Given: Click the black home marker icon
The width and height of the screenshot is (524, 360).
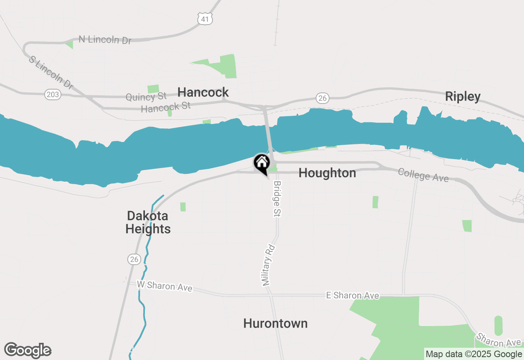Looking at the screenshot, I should (x=262, y=164).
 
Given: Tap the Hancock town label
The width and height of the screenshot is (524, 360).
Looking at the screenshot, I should (x=203, y=92).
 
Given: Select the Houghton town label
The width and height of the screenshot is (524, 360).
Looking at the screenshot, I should (x=327, y=173).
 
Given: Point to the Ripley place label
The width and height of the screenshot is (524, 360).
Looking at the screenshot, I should (x=463, y=97).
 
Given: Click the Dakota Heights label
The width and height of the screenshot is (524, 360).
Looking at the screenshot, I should (x=148, y=222).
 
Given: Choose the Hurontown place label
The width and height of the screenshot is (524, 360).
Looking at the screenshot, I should (x=275, y=324).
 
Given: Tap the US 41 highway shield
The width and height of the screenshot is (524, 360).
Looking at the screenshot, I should (x=205, y=18).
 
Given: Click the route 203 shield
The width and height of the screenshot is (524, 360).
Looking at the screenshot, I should (x=53, y=95).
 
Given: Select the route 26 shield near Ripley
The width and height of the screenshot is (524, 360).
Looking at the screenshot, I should (x=323, y=98).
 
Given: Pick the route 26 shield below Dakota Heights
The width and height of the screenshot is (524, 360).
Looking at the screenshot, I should (x=134, y=259).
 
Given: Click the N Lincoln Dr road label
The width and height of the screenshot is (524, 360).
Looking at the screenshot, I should (x=105, y=40).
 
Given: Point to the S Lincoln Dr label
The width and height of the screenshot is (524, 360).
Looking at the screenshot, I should (x=51, y=72).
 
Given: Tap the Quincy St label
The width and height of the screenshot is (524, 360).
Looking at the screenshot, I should (x=146, y=97).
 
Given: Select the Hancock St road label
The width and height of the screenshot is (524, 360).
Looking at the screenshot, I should (x=166, y=108).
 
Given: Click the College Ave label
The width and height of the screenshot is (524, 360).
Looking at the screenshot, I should (x=423, y=175).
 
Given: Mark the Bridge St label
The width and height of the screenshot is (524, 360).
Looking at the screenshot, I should (x=277, y=199).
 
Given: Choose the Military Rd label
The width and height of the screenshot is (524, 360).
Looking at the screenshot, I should (x=267, y=265).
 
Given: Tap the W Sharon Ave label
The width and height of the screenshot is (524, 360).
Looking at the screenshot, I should (x=164, y=286).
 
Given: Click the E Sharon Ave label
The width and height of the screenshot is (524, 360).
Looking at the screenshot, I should (x=352, y=295).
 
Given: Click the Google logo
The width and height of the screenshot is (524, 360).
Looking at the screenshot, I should (x=27, y=351).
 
